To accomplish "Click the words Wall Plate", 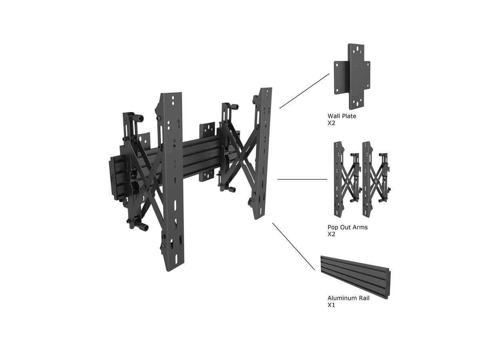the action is [342, 116].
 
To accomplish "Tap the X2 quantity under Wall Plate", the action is [331, 123].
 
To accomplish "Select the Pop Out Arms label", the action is [347, 227].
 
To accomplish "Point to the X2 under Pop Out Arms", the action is [331, 234].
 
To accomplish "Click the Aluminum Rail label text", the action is [348, 298].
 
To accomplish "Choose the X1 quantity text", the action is [331, 305].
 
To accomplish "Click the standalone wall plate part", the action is [352, 76].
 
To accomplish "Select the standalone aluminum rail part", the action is [355, 277].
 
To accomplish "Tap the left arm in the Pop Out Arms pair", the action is [346, 179].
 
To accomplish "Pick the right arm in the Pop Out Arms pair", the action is [376, 179].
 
